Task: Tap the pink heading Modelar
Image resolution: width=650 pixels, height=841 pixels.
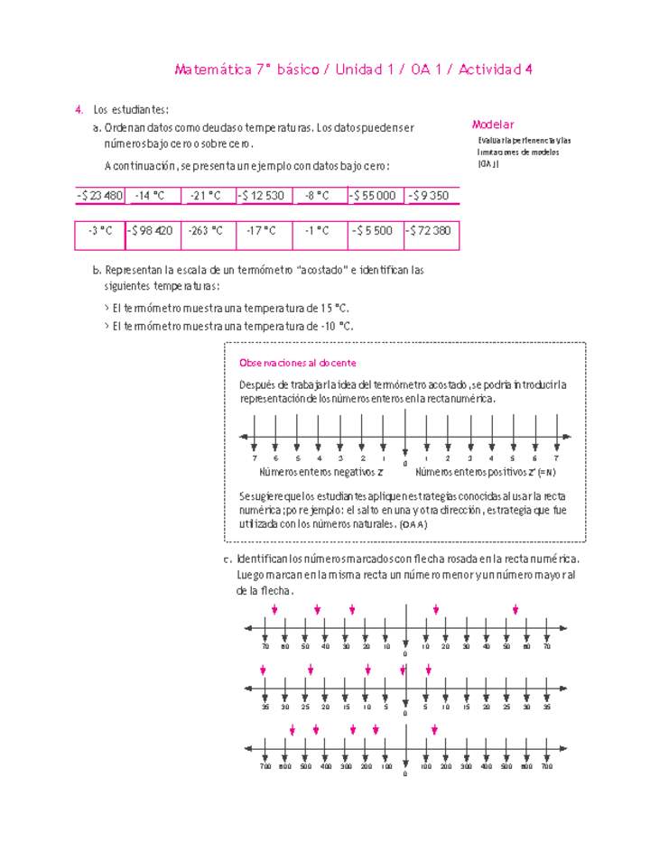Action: click(x=493, y=125)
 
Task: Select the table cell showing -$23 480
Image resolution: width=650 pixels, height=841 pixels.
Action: click(x=100, y=195)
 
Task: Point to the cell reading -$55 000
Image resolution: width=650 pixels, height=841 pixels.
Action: click(x=374, y=195)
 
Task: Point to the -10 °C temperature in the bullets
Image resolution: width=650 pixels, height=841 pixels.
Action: click(x=337, y=326)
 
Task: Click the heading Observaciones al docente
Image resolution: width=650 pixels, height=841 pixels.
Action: click(x=297, y=363)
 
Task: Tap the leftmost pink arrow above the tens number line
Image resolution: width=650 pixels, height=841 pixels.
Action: click(x=274, y=611)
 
